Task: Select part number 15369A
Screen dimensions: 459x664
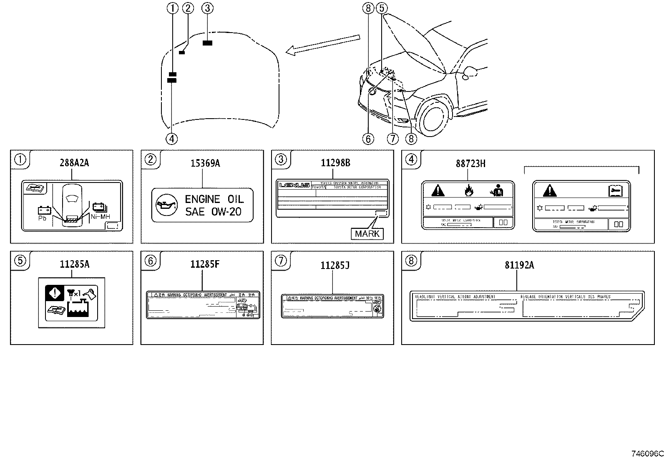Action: click(205, 163)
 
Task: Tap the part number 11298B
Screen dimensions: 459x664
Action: click(335, 163)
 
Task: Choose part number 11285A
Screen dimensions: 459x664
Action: click(74, 264)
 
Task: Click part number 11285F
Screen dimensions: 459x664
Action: click(204, 264)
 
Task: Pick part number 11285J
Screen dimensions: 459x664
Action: click(335, 265)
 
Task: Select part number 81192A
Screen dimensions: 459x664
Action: click(519, 265)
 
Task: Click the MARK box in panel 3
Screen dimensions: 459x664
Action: click(367, 234)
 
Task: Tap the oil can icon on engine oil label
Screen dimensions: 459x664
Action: click(165, 205)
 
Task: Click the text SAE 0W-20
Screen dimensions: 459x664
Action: click(213, 212)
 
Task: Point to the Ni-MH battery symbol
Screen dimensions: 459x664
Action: click(99, 208)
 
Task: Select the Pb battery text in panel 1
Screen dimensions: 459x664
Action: click(42, 218)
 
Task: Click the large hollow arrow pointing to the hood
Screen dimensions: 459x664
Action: click(323, 44)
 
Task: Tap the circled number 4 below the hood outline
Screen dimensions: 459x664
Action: click(172, 139)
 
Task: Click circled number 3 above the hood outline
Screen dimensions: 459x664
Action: click(207, 8)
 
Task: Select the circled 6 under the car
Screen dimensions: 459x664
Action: click(368, 139)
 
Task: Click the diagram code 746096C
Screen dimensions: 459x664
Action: click(647, 454)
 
